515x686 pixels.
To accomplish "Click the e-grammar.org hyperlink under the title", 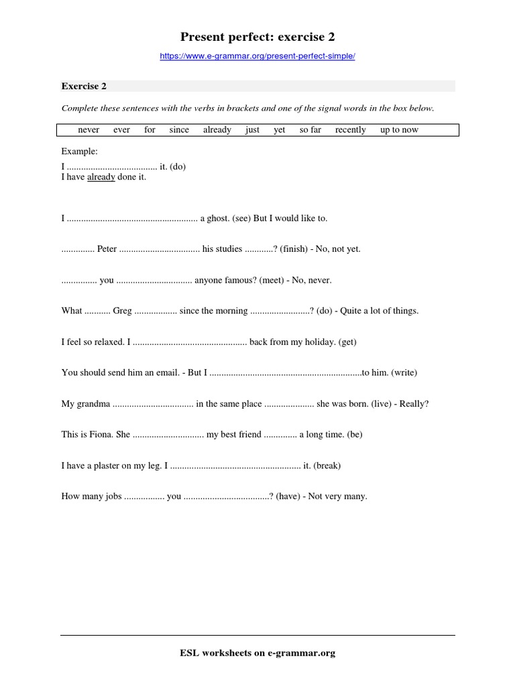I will coord(257,56).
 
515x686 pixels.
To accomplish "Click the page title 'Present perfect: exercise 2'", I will coord(257,37).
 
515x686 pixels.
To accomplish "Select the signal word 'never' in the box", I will coord(89,130).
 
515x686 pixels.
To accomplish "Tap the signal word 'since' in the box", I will coord(179,130).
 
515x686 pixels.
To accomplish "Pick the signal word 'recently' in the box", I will coord(351,130).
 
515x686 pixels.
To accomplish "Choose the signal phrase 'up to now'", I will coord(399,130).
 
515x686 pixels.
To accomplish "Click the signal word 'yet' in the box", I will coord(280,130).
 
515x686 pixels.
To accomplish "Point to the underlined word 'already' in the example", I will coord(101,178).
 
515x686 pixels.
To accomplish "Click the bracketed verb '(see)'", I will coord(241,218).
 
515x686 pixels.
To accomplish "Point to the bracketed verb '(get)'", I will coord(347,342).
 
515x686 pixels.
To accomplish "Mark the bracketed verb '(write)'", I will coord(404,372).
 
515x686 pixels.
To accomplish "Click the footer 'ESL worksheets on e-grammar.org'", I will coord(257,653).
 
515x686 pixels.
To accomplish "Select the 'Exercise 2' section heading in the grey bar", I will coord(84,86).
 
